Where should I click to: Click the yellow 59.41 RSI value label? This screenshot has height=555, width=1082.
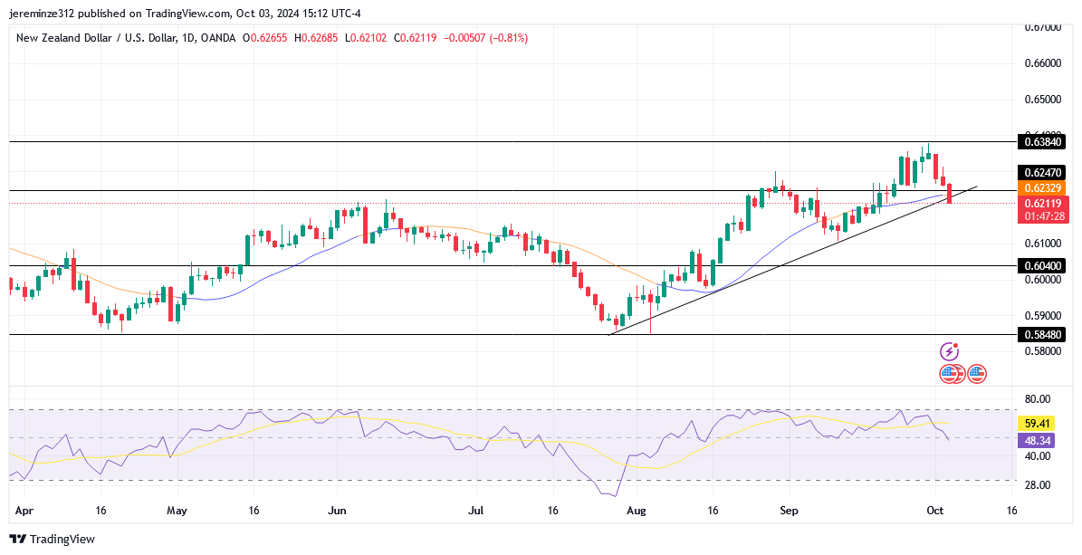pyautogui.click(x=1035, y=423)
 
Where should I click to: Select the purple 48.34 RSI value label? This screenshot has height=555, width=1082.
pyautogui.click(x=1035, y=440)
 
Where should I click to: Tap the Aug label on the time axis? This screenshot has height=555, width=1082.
pyautogui.click(x=638, y=511)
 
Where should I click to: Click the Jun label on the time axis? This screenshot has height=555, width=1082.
pyautogui.click(x=337, y=511)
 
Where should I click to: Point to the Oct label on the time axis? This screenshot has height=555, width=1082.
pyautogui.click(x=935, y=511)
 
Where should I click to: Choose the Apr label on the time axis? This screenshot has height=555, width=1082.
pyautogui.click(x=24, y=511)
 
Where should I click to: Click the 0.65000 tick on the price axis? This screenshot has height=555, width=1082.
pyautogui.click(x=1042, y=99)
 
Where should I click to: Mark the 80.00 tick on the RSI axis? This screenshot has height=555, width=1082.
pyautogui.click(x=1037, y=399)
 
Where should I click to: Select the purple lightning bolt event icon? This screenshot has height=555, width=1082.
pyautogui.click(x=949, y=351)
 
